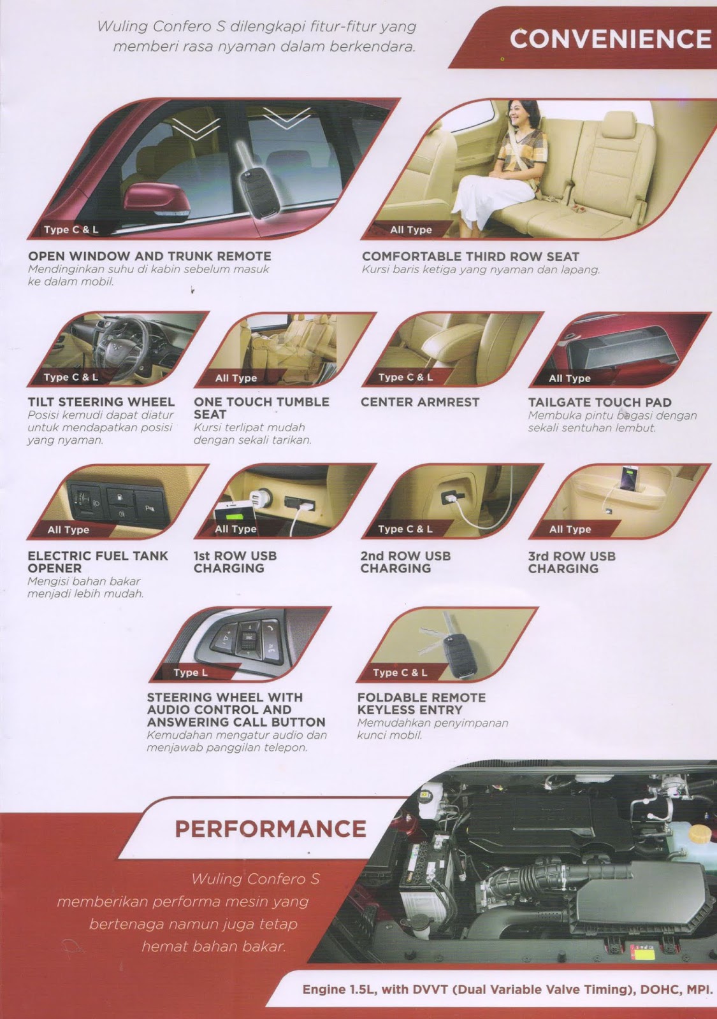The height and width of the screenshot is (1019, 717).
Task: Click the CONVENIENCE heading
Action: pos(610,39)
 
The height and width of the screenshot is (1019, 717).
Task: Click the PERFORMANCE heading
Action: pos(270,829)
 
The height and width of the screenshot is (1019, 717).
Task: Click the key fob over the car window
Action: pos(255,185)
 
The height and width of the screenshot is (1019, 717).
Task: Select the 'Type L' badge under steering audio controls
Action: pos(190,673)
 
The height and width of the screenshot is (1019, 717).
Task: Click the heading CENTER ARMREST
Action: pos(419,402)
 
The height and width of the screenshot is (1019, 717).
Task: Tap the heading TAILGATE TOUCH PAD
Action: pos(599,402)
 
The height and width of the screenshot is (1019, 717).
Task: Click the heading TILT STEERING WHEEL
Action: pos(101,402)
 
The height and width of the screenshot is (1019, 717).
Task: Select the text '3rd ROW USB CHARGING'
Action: pos(572,562)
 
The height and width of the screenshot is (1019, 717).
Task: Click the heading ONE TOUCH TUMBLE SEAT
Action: pos(261,408)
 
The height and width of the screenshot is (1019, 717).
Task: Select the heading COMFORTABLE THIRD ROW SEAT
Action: pos(470,256)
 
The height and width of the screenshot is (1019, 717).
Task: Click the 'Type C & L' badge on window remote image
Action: pos(71,229)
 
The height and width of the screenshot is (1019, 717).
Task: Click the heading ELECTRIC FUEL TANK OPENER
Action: pos(98,562)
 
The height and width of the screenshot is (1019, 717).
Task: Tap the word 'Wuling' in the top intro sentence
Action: pos(122,26)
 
